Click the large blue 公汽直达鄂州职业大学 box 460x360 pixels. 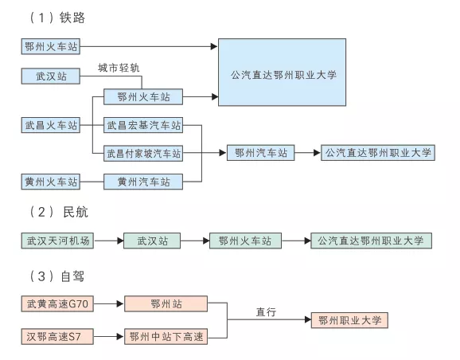pyautogui.click(x=283, y=74)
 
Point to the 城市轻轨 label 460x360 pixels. pyautogui.click(x=119, y=68)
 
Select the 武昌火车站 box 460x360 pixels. pyautogui.click(x=51, y=126)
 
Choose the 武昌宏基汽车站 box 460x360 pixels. pyautogui.click(x=144, y=126)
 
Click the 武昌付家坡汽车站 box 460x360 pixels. pyautogui.click(x=144, y=153)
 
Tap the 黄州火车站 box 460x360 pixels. pyautogui.click(x=51, y=182)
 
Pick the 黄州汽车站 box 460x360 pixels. pyautogui.click(x=144, y=182)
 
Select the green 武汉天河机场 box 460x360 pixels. pyautogui.click(x=57, y=241)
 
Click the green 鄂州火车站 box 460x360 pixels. pyautogui.click(x=245, y=241)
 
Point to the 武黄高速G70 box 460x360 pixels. pyautogui.click(x=57, y=304)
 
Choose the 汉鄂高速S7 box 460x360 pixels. pyautogui.click(x=57, y=337)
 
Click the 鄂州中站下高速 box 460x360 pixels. pyautogui.click(x=165, y=337)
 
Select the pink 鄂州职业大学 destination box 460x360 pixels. pyautogui.click(x=350, y=321)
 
